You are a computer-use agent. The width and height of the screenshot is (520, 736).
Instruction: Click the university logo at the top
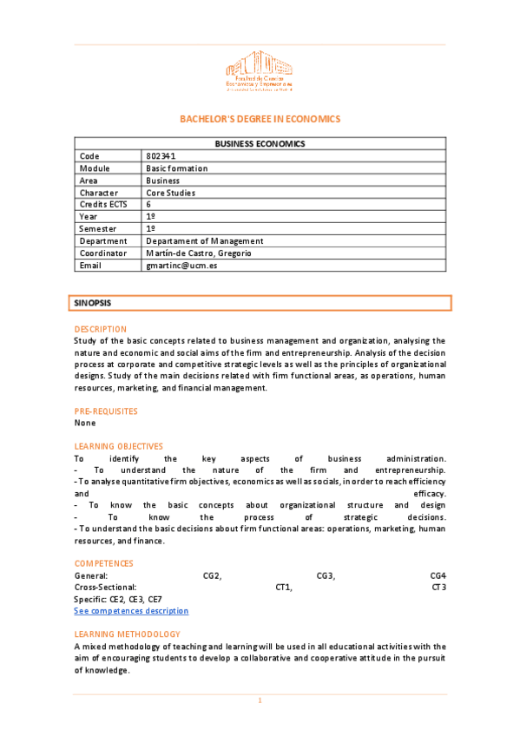coord(260,71)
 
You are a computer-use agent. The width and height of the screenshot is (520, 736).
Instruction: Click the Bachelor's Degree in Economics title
coord(260,119)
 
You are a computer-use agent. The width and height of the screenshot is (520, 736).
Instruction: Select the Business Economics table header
coord(260,143)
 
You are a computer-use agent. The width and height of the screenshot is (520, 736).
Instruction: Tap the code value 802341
coord(161,156)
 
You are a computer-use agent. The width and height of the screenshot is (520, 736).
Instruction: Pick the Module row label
coord(95,168)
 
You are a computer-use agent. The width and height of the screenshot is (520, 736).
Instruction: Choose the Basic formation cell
coord(177,168)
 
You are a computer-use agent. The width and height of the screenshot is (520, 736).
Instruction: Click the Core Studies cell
coord(171,193)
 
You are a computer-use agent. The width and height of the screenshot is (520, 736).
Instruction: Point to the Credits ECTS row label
coord(103,205)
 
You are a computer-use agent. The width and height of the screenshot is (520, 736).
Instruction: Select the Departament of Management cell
coord(205,241)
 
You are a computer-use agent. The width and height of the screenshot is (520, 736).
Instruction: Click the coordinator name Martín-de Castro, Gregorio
coord(199,253)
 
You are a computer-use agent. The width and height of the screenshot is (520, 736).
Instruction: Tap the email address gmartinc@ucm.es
coord(181,266)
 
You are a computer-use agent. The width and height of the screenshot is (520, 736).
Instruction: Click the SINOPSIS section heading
coord(92,303)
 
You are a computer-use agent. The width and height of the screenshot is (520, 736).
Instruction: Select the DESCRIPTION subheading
coord(101,329)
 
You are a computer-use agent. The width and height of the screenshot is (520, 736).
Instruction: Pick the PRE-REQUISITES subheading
coord(106,411)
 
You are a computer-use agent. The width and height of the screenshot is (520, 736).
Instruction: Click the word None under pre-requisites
coord(85,423)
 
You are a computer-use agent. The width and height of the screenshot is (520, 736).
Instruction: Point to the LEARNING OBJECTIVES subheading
coord(118,446)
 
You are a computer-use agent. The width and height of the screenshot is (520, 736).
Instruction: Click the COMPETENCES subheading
coord(103,563)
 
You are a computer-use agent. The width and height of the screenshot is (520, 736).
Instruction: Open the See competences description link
coord(131,611)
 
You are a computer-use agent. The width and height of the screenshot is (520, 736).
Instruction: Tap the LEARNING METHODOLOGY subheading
coord(127,634)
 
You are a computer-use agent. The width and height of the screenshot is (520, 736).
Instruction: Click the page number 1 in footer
coord(260,700)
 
